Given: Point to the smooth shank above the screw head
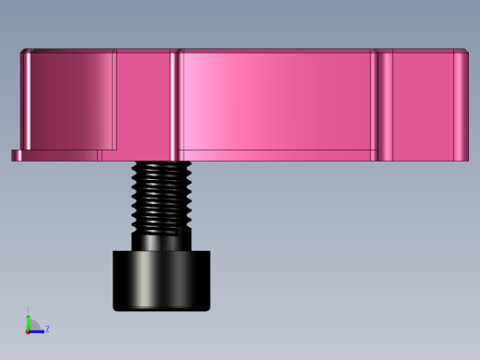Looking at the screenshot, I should pyautogui.click(x=162, y=242).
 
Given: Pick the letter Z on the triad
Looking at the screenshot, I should pyautogui.click(x=47, y=329).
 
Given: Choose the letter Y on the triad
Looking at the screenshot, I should pyautogui.click(x=28, y=310).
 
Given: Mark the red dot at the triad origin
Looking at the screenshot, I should pyautogui.click(x=28, y=330).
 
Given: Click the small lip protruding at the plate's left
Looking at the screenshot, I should pyautogui.click(x=16, y=155).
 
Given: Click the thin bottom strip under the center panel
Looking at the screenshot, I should pyautogui.click(x=277, y=155).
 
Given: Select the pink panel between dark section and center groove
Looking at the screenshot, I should pyautogui.click(x=143, y=102).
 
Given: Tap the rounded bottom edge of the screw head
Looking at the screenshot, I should pyautogui.click(x=162, y=307).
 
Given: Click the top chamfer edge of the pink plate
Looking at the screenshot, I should pyautogui.click(x=240, y=50).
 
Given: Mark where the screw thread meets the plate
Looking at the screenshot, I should pyautogui.click(x=162, y=163).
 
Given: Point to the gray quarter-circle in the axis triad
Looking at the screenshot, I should pyautogui.click(x=34, y=325).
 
